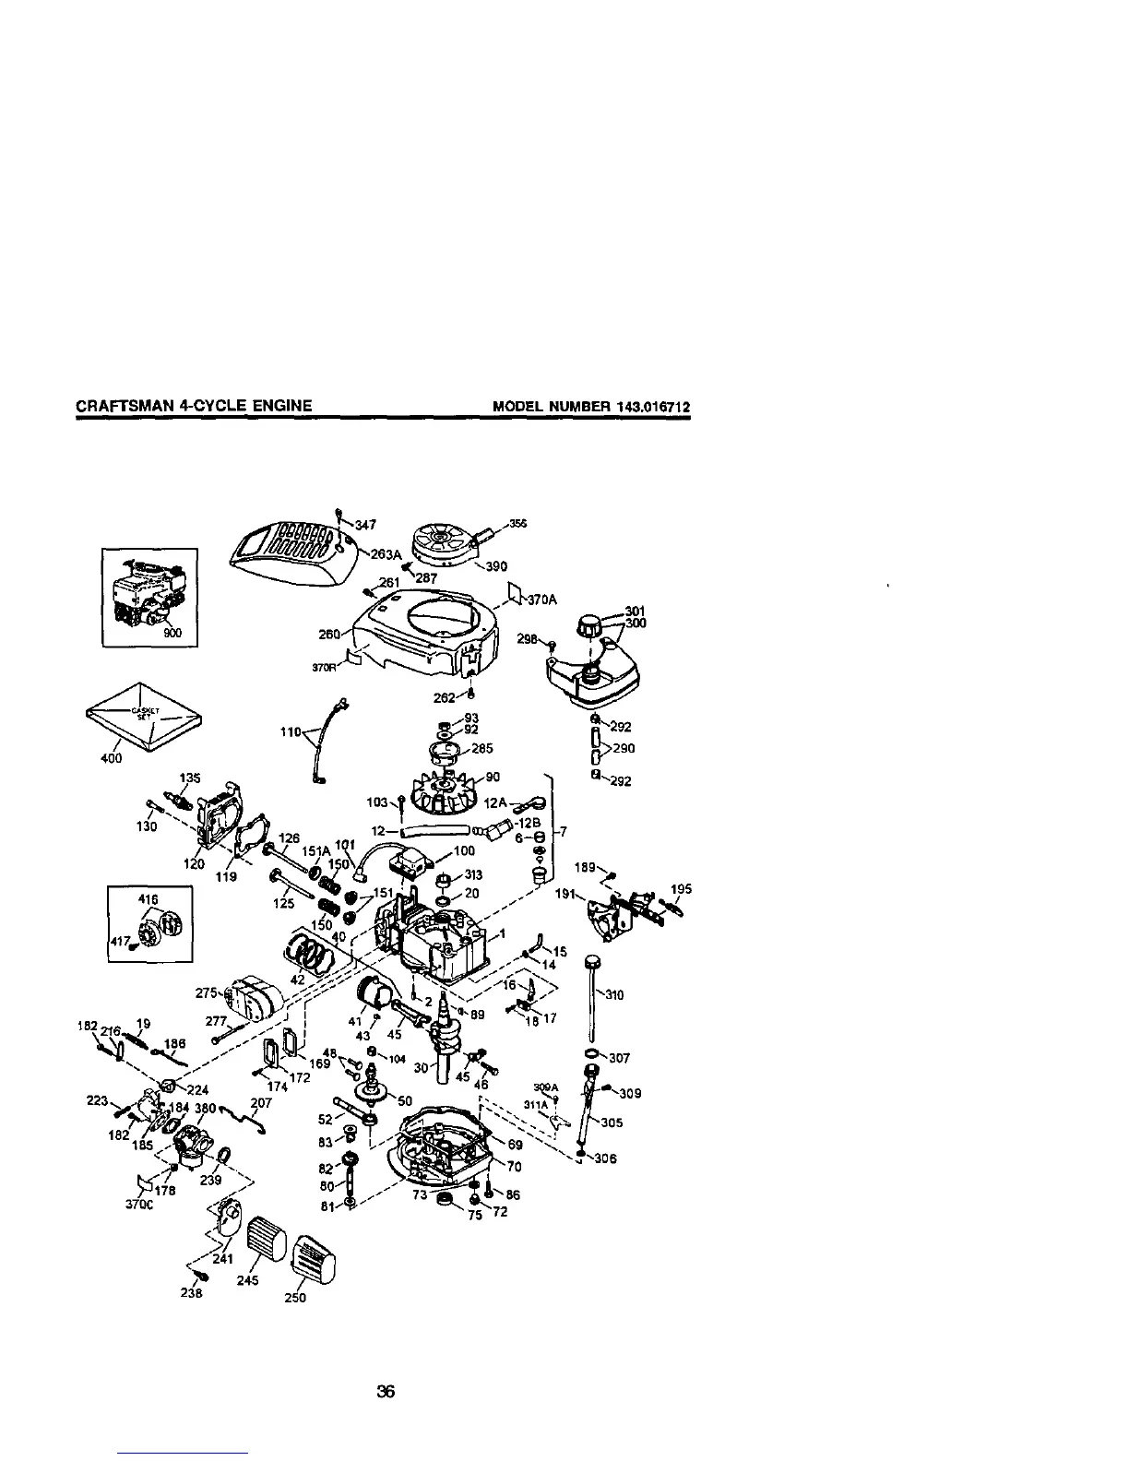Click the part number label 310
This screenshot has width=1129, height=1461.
pos(613,995)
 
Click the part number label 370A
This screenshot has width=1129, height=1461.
pos(543,600)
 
